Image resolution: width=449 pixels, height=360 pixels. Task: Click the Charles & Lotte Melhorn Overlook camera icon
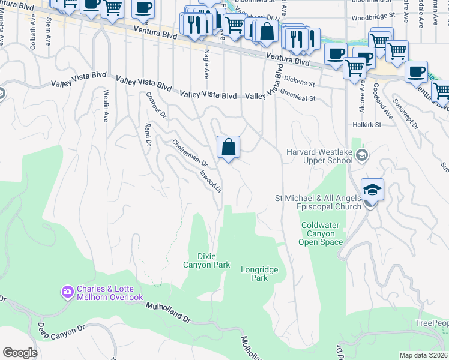tap(67, 292)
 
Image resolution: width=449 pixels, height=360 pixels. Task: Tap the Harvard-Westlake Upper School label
tap(319, 156)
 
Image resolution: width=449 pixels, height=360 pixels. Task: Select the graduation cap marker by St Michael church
tap(372, 190)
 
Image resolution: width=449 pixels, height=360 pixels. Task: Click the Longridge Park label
tap(259, 274)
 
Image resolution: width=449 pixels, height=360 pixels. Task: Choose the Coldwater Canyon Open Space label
tap(322, 234)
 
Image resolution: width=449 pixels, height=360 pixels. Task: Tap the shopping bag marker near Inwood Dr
tap(228, 147)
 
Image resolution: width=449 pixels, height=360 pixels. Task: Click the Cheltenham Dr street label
tap(189, 153)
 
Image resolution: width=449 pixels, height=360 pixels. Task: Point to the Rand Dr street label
tap(147, 135)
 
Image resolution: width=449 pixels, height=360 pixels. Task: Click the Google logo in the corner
tap(20, 353)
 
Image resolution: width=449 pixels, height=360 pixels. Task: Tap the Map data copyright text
tap(424, 355)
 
